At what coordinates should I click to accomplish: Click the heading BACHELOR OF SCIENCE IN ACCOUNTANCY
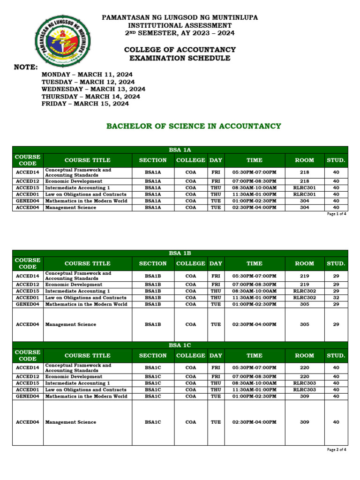click(x=194, y=126)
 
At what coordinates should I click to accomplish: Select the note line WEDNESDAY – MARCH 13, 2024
click(x=93, y=89)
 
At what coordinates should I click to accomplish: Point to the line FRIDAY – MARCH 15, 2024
click(x=85, y=104)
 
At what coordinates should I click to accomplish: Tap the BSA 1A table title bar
click(x=180, y=150)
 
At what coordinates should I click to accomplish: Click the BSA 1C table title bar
click(x=180, y=345)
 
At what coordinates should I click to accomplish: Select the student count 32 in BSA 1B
click(x=336, y=298)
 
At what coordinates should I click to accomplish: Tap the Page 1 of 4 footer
click(x=336, y=214)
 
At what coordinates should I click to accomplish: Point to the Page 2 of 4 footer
click(x=336, y=450)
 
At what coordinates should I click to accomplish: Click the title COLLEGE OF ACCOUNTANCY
click(x=180, y=50)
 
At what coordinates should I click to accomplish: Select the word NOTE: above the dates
click(x=26, y=67)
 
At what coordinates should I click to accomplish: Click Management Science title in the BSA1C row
click(x=71, y=422)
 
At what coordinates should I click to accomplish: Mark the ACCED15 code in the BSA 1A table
click(x=27, y=187)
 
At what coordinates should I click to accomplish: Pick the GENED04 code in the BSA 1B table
click(x=27, y=304)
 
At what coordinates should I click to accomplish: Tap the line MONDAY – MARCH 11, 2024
click(x=87, y=75)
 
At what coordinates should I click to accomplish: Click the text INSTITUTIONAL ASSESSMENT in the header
click(x=180, y=25)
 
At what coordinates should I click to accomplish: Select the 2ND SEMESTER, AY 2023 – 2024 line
click(x=180, y=33)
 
